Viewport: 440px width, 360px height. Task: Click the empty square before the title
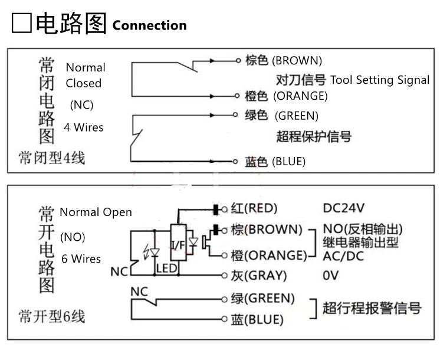[x=21, y=23]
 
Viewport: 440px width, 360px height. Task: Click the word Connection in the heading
[x=150, y=25]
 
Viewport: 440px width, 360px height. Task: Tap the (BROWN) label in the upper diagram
[x=297, y=61]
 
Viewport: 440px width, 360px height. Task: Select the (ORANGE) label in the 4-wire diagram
[x=301, y=96]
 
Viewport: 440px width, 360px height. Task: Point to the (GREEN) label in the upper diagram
[x=297, y=116]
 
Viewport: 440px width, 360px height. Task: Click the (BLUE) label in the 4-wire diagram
[x=289, y=162]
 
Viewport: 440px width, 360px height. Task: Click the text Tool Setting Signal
[x=380, y=80]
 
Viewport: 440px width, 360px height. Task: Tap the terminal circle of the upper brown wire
[x=238, y=60]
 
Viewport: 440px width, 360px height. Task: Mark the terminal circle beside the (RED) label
[x=224, y=209]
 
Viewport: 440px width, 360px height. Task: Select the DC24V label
[x=343, y=208]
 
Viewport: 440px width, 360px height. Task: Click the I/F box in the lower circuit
[x=179, y=243]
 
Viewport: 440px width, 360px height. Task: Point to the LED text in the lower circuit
[x=167, y=269]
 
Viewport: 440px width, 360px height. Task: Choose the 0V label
[x=330, y=276]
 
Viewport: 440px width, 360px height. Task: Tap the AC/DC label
[x=343, y=256]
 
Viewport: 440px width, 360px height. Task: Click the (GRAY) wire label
[x=266, y=276]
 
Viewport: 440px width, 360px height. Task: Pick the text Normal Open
[x=96, y=212]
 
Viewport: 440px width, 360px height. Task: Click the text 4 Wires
[x=84, y=127]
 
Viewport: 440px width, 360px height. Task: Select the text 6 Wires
[x=81, y=258]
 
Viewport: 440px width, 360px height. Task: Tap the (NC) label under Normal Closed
[x=81, y=104]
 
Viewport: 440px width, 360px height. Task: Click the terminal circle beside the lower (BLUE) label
[x=224, y=319]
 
